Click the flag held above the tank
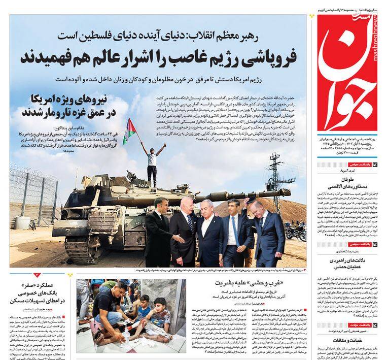(x=129, y=130)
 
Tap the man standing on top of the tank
(x=152, y=161)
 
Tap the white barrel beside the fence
(x=22, y=222)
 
